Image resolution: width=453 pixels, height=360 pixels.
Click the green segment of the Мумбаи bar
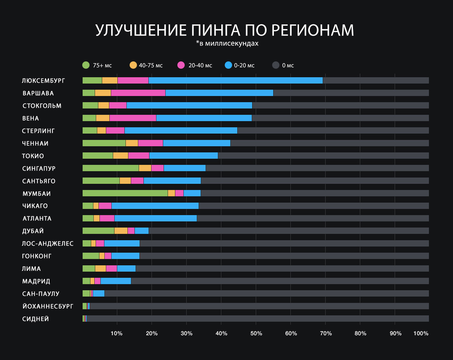pyautogui.click(x=125, y=193)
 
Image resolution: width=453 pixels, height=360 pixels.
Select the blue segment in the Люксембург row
pyautogui.click(x=236, y=81)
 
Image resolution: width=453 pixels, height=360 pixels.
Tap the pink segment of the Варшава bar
pyautogui.click(x=138, y=93)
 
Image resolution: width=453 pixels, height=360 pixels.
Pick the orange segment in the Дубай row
pyautogui.click(x=121, y=231)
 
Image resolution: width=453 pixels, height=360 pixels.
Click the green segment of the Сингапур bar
pyautogui.click(x=110, y=168)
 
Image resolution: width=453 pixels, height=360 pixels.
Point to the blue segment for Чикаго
pyautogui.click(x=155, y=206)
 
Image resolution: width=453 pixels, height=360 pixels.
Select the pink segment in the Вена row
pyautogui.click(x=133, y=118)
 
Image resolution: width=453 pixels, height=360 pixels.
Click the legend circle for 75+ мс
pyautogui.click(x=86, y=65)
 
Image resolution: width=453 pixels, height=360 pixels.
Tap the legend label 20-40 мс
pyautogui.click(x=200, y=66)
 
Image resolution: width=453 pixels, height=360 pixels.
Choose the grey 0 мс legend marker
pyautogui.click(x=276, y=65)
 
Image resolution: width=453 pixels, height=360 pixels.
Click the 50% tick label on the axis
pyautogui.click(x=256, y=333)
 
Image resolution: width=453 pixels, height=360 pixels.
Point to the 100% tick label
pyautogui.click(x=421, y=333)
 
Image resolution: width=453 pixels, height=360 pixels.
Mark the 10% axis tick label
pyautogui.click(x=117, y=333)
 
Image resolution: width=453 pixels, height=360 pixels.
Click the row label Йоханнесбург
pyautogui.click(x=48, y=306)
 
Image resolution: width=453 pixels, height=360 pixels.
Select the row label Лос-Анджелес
pyautogui.click(x=48, y=243)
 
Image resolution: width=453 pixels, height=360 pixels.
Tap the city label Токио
pyautogui.click(x=33, y=156)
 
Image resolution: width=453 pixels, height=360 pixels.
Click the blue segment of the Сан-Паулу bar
pyautogui.click(x=99, y=294)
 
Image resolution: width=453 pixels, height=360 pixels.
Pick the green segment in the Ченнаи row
pyautogui.click(x=104, y=143)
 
